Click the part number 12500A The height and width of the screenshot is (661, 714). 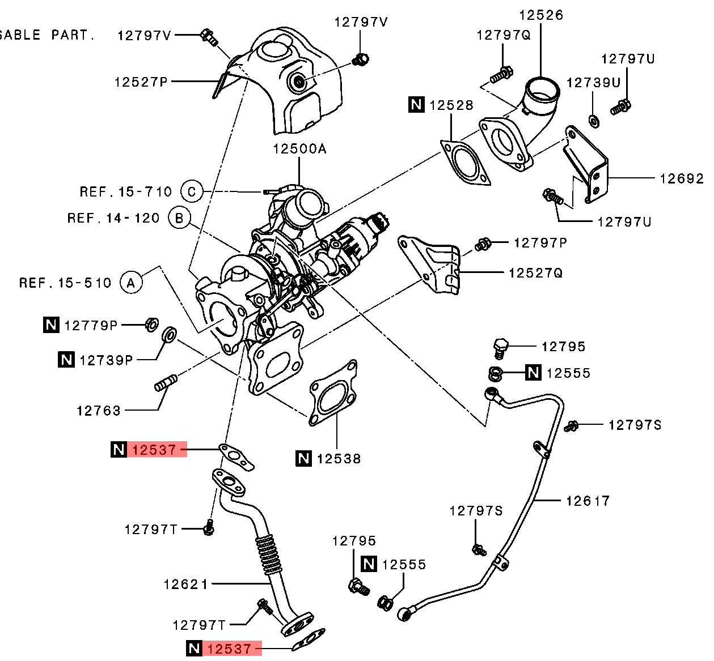click(x=299, y=149)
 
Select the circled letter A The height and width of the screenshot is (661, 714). click(x=131, y=282)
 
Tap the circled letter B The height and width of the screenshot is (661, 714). click(x=180, y=218)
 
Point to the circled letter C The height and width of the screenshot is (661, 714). click(x=192, y=191)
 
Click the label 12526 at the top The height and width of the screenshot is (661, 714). click(x=542, y=15)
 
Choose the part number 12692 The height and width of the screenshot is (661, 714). click(x=681, y=178)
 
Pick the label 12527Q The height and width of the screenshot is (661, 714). click(x=535, y=273)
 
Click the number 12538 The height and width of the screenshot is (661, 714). click(x=339, y=459)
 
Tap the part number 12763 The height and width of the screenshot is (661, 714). click(x=99, y=410)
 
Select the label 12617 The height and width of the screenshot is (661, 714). click(x=588, y=501)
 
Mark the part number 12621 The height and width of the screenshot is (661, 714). click(x=186, y=584)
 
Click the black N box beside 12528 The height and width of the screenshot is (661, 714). click(x=417, y=105)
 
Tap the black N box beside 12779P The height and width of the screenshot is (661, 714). click(x=52, y=325)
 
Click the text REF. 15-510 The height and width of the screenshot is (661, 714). click(x=65, y=283)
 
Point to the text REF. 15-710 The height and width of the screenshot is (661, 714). click(x=125, y=192)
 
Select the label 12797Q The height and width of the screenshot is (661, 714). click(x=503, y=36)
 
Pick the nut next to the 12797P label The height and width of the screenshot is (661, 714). click(x=482, y=245)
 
